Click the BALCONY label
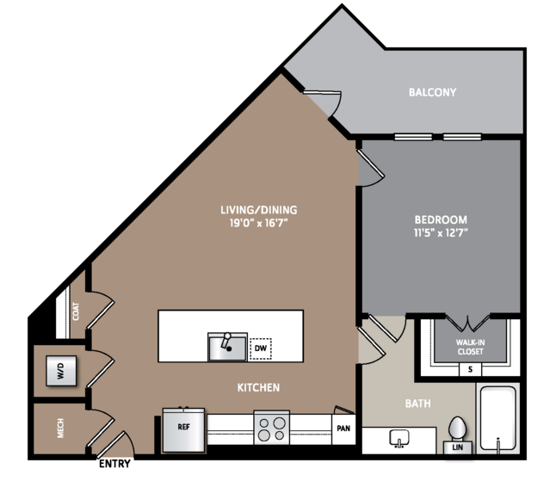pos(432,92)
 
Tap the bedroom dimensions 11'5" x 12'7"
pos(441,233)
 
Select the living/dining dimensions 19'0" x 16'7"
pos(259,223)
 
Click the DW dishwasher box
pos(260,348)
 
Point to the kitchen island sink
pos(227,347)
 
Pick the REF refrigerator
pos(183,430)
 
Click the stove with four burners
pos(272,428)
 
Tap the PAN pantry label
pos(343,428)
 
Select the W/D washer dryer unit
pos(61,371)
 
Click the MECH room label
pos(61,428)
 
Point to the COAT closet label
pos(76,311)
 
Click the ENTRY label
pos(114,464)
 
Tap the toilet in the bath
pos(457,429)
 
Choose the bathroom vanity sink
pos(399,438)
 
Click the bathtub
pos(497,418)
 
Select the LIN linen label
pos(457,447)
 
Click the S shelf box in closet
pos(470,369)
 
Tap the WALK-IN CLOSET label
pos(470,347)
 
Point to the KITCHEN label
pos(258,387)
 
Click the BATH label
pos(417,404)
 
